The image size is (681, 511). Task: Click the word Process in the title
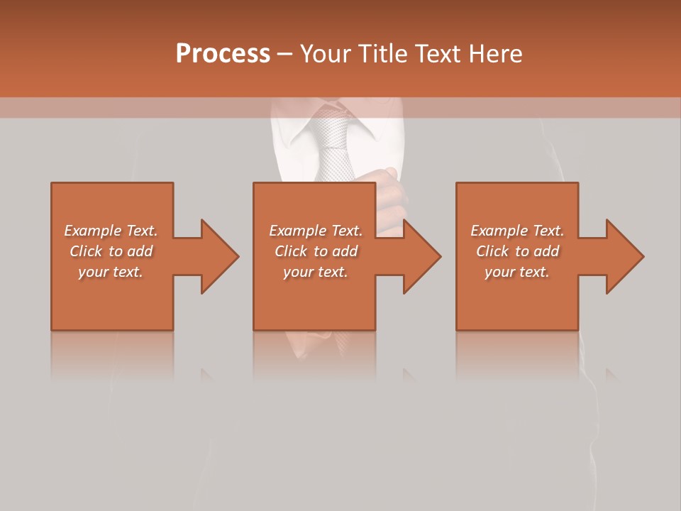click(223, 54)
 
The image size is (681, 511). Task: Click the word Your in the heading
click(326, 54)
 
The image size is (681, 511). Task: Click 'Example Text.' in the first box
click(111, 231)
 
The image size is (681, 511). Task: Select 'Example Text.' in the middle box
click(316, 231)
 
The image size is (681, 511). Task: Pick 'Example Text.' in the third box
click(517, 231)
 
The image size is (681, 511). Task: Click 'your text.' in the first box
click(111, 272)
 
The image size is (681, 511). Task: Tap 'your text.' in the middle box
click(316, 272)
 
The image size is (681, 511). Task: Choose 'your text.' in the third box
click(517, 272)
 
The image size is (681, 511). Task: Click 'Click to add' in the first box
click(111, 251)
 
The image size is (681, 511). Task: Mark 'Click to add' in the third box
click(517, 251)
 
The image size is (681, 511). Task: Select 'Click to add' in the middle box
click(316, 251)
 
